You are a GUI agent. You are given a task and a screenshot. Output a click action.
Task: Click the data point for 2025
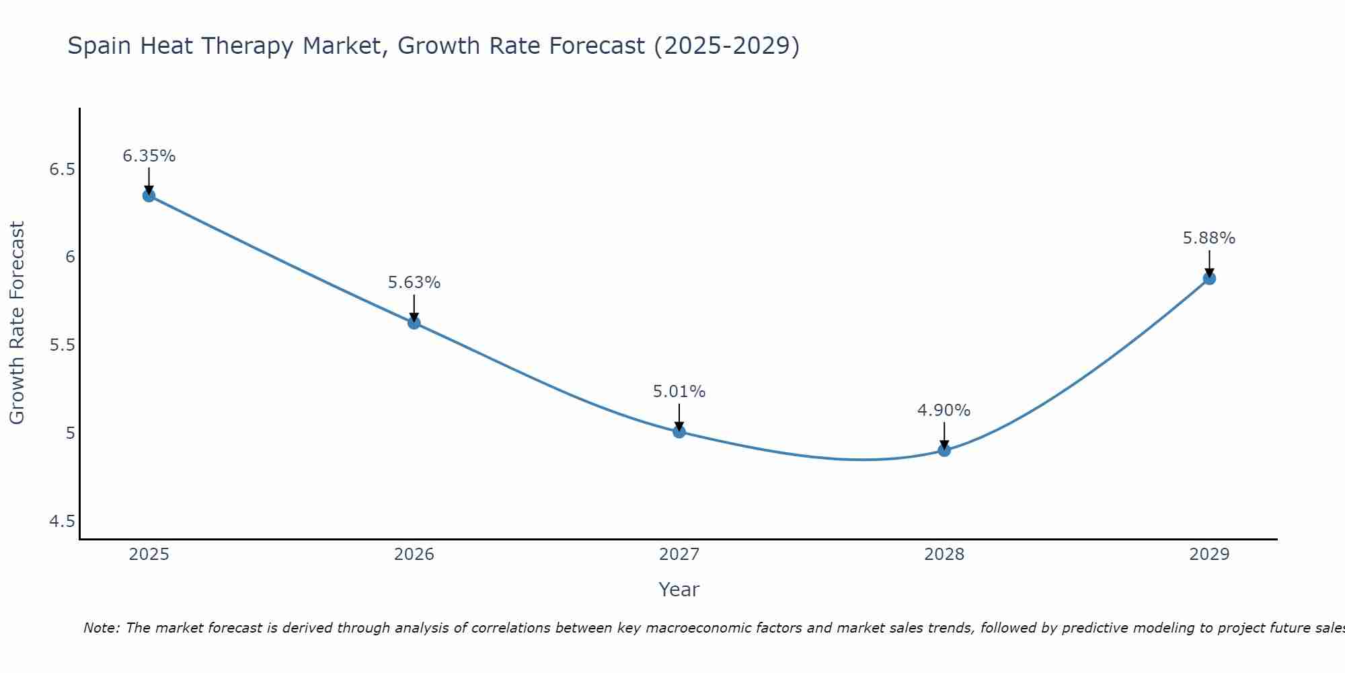[x=149, y=196]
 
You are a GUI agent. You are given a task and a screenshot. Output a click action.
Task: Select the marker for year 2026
[x=414, y=322]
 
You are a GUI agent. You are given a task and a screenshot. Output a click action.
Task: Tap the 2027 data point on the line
[x=679, y=431]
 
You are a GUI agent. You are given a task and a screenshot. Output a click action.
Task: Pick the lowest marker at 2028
[x=944, y=450]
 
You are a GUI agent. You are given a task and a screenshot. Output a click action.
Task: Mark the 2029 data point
[x=1209, y=278]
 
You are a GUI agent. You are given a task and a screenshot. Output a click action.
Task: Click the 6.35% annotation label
[x=149, y=156]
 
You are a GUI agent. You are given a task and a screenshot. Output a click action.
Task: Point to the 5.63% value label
[x=414, y=283]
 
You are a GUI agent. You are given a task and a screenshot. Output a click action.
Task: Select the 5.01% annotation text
[x=679, y=392]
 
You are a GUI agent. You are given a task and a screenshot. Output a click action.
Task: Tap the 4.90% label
[x=944, y=411]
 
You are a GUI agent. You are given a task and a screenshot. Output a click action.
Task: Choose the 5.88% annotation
[x=1209, y=238]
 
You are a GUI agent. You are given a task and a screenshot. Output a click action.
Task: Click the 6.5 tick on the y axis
[x=62, y=170]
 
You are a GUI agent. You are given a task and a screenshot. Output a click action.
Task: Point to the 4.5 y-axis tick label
[x=62, y=522]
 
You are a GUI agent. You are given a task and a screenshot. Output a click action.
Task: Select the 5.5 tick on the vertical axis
[x=62, y=345]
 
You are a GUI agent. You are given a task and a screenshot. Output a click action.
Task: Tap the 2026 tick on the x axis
[x=414, y=555]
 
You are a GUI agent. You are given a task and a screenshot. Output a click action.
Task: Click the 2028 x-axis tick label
[x=944, y=555]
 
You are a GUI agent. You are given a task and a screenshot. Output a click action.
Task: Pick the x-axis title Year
[x=679, y=590]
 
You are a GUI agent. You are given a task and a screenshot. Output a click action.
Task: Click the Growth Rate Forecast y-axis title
[x=17, y=323]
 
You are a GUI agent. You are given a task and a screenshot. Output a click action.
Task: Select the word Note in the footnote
[x=101, y=628]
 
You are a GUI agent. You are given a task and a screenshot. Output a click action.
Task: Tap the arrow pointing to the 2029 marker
[x=1209, y=264]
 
